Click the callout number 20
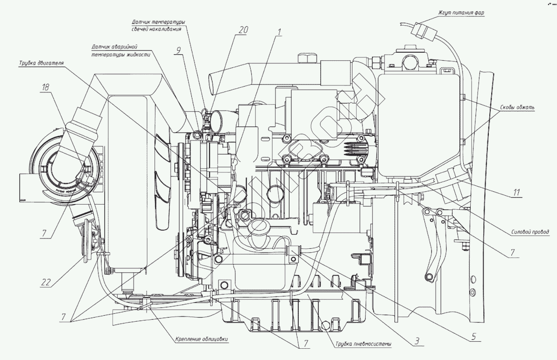tap(242, 29)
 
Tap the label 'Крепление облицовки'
tap(202, 339)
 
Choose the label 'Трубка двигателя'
tap(42, 63)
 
